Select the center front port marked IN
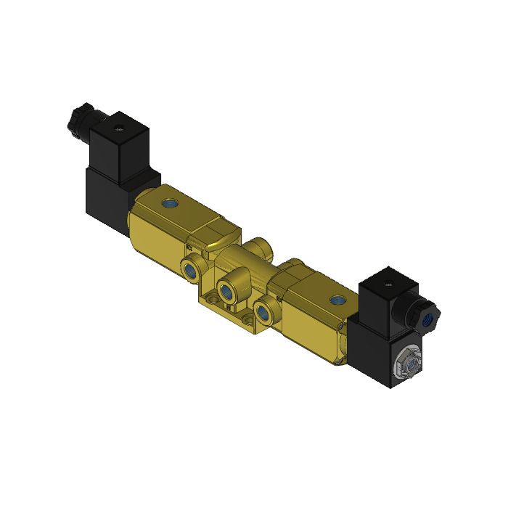[227, 292]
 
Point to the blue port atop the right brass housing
[335, 299]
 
